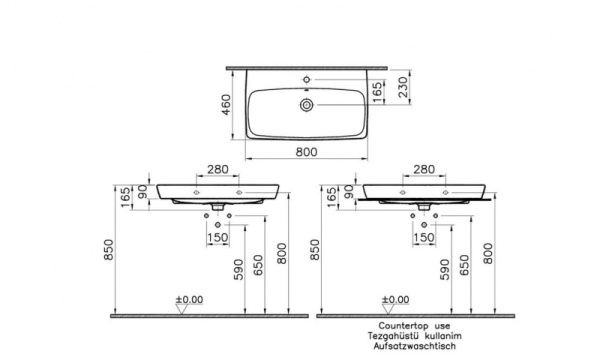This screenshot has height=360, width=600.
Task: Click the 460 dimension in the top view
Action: pyautogui.click(x=227, y=104)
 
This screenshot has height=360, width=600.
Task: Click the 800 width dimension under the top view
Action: pyautogui.click(x=307, y=152)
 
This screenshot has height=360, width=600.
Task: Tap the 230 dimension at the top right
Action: pyautogui.click(x=403, y=87)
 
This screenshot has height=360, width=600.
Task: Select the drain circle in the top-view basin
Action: pyautogui.click(x=307, y=104)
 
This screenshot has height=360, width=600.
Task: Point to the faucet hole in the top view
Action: pyautogui.click(x=307, y=80)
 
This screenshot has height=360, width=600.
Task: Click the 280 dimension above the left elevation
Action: pyautogui.click(x=218, y=169)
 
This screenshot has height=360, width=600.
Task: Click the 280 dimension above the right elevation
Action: pyautogui.click(x=424, y=169)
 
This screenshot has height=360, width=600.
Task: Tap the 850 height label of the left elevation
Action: pyautogui.click(x=109, y=249)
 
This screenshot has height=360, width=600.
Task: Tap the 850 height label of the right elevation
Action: pyautogui.click(x=315, y=249)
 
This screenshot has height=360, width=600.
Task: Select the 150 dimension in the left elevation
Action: pyautogui.click(x=218, y=238)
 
